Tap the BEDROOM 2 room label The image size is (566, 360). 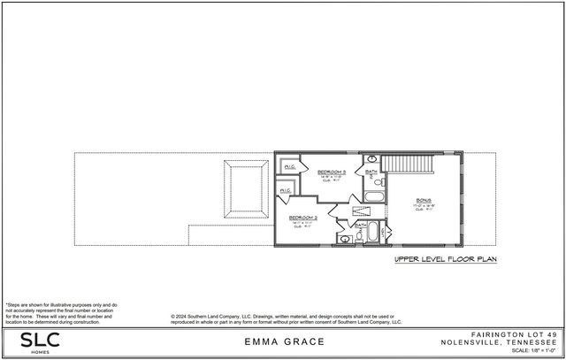pyautogui.click(x=302, y=217)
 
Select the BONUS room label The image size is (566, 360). pyautogui.click(x=424, y=200)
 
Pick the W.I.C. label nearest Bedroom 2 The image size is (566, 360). pyautogui.click(x=285, y=190)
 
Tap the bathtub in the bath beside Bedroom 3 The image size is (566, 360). pyautogui.click(x=372, y=197)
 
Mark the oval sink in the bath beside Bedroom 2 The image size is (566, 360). pyautogui.click(x=344, y=239)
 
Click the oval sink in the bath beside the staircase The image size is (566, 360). pyautogui.click(x=371, y=158)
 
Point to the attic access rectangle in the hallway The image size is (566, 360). pyautogui.click(x=362, y=211)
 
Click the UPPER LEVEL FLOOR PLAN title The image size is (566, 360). pyautogui.click(x=446, y=260)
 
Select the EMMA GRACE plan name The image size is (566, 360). pyautogui.click(x=282, y=341)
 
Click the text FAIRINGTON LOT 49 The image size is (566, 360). pyautogui.click(x=508, y=333)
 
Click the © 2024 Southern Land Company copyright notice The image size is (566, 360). pyautogui.click(x=285, y=319)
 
